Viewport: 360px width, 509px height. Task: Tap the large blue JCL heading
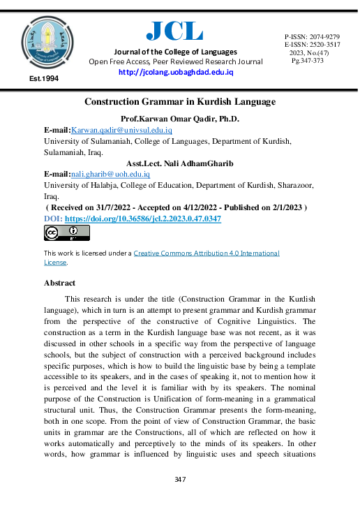tap(174, 30)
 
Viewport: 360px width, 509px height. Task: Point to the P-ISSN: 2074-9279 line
tap(312, 36)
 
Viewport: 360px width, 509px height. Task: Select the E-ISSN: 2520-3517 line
tap(312, 44)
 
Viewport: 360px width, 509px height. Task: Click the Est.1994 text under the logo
tap(44, 79)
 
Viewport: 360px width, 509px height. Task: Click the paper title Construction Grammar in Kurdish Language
tap(179, 102)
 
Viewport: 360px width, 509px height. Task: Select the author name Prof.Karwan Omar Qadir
tap(180, 119)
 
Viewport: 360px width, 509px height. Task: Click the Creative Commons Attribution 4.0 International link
tap(206, 253)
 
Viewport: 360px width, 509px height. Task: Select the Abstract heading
tap(59, 283)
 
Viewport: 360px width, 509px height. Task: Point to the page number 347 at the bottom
tap(179, 480)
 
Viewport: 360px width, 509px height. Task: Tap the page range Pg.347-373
tap(307, 61)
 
